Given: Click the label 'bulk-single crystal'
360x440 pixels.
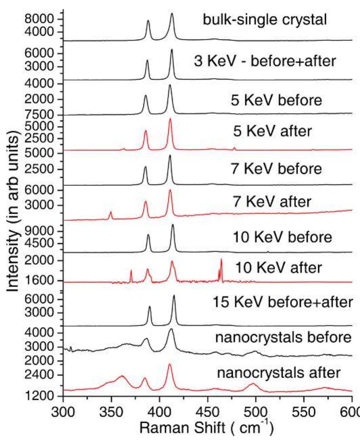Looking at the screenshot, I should point(265,20).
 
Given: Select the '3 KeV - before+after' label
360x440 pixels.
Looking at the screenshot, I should point(265,61).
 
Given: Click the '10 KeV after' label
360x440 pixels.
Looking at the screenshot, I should point(278,268).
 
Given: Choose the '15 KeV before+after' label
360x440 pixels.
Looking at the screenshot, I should point(282,302).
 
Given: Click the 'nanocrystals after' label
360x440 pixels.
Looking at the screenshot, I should point(279,373).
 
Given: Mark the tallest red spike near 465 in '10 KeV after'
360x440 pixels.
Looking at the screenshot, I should point(221,260).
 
